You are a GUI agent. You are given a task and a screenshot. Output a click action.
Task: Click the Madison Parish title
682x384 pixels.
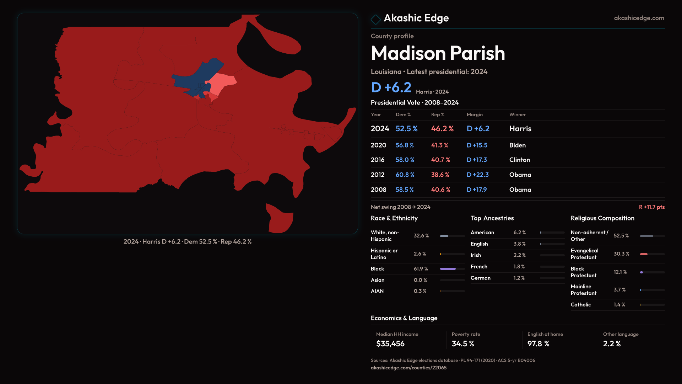[438, 53]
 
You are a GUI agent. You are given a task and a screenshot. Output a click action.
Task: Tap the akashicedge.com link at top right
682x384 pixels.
[639, 18]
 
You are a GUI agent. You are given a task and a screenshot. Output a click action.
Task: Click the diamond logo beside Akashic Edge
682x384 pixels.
[375, 19]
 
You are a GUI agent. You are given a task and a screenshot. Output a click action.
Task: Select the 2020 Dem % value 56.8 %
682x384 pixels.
[405, 145]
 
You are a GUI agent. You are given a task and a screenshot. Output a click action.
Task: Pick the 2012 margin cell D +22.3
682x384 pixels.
[477, 175]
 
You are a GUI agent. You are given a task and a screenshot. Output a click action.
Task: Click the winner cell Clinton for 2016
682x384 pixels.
[519, 160]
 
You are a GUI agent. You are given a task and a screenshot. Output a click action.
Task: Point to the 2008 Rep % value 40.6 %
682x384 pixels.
[440, 190]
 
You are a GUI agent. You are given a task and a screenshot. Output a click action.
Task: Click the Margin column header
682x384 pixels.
[475, 115]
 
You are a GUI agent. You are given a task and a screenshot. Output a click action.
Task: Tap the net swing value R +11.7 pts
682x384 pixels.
[651, 207]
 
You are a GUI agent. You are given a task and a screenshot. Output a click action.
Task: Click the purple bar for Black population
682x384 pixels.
[448, 269]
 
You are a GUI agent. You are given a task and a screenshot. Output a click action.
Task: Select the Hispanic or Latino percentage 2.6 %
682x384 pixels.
[420, 254]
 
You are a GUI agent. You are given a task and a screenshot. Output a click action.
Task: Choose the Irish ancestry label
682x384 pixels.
[476, 255]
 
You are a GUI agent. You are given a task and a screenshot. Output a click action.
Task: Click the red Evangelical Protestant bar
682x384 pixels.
[644, 254]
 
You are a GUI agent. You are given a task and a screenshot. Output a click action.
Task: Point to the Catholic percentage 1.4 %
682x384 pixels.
[619, 305]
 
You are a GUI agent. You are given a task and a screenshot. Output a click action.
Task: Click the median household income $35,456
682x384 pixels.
[390, 344]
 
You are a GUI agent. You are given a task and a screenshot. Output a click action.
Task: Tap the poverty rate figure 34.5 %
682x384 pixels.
[463, 344]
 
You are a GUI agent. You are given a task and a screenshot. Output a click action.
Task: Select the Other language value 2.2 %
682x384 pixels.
[612, 344]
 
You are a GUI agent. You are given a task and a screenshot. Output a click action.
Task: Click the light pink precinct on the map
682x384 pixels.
[223, 82]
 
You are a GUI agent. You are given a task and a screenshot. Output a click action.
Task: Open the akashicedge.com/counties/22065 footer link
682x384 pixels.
[408, 368]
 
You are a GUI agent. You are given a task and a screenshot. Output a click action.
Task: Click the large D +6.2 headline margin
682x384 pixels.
[391, 87]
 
